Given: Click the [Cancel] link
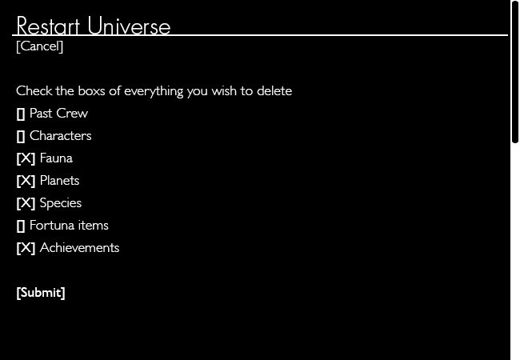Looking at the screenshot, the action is click(x=39, y=46).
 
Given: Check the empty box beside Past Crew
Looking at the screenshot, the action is click(x=21, y=114).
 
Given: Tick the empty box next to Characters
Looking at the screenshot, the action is click(x=21, y=136).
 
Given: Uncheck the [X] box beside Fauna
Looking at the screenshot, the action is click(x=26, y=158).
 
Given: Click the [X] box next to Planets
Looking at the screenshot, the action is click(x=26, y=181).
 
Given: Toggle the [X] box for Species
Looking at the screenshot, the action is click(x=26, y=203).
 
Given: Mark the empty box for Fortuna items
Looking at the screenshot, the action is click(x=21, y=226).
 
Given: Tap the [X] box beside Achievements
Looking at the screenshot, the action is click(x=26, y=248).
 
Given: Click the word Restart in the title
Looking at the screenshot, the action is click(x=48, y=26).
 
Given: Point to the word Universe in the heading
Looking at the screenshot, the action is click(x=129, y=26).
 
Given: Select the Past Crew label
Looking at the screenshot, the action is click(x=58, y=114).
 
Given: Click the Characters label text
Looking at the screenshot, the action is click(x=60, y=135).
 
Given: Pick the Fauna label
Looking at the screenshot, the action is click(x=56, y=158).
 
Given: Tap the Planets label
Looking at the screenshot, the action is click(x=60, y=181).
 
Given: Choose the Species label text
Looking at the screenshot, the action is click(x=61, y=203).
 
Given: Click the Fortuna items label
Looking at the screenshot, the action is click(x=69, y=226).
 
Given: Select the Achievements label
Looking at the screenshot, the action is click(x=79, y=248).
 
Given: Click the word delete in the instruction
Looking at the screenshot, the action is click(x=274, y=91).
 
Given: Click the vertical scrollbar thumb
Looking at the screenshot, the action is click(x=515, y=71).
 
